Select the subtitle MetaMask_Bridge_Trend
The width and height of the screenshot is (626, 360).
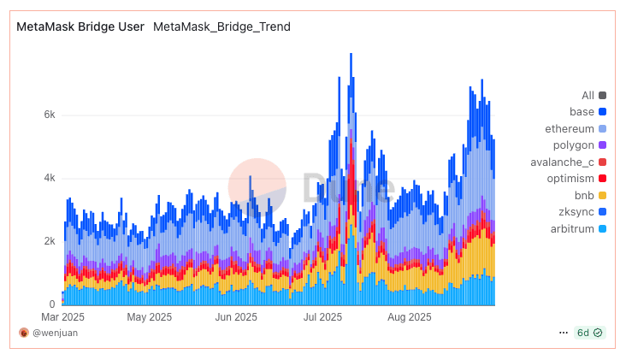(221, 27)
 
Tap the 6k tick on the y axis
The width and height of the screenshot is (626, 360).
(50, 115)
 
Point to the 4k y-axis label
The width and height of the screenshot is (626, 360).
(50, 178)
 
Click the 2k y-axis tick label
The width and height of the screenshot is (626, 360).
(50, 241)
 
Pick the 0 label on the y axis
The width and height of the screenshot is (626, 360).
(52, 304)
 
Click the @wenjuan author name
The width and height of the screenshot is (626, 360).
(55, 333)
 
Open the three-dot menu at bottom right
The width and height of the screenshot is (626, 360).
(563, 332)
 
